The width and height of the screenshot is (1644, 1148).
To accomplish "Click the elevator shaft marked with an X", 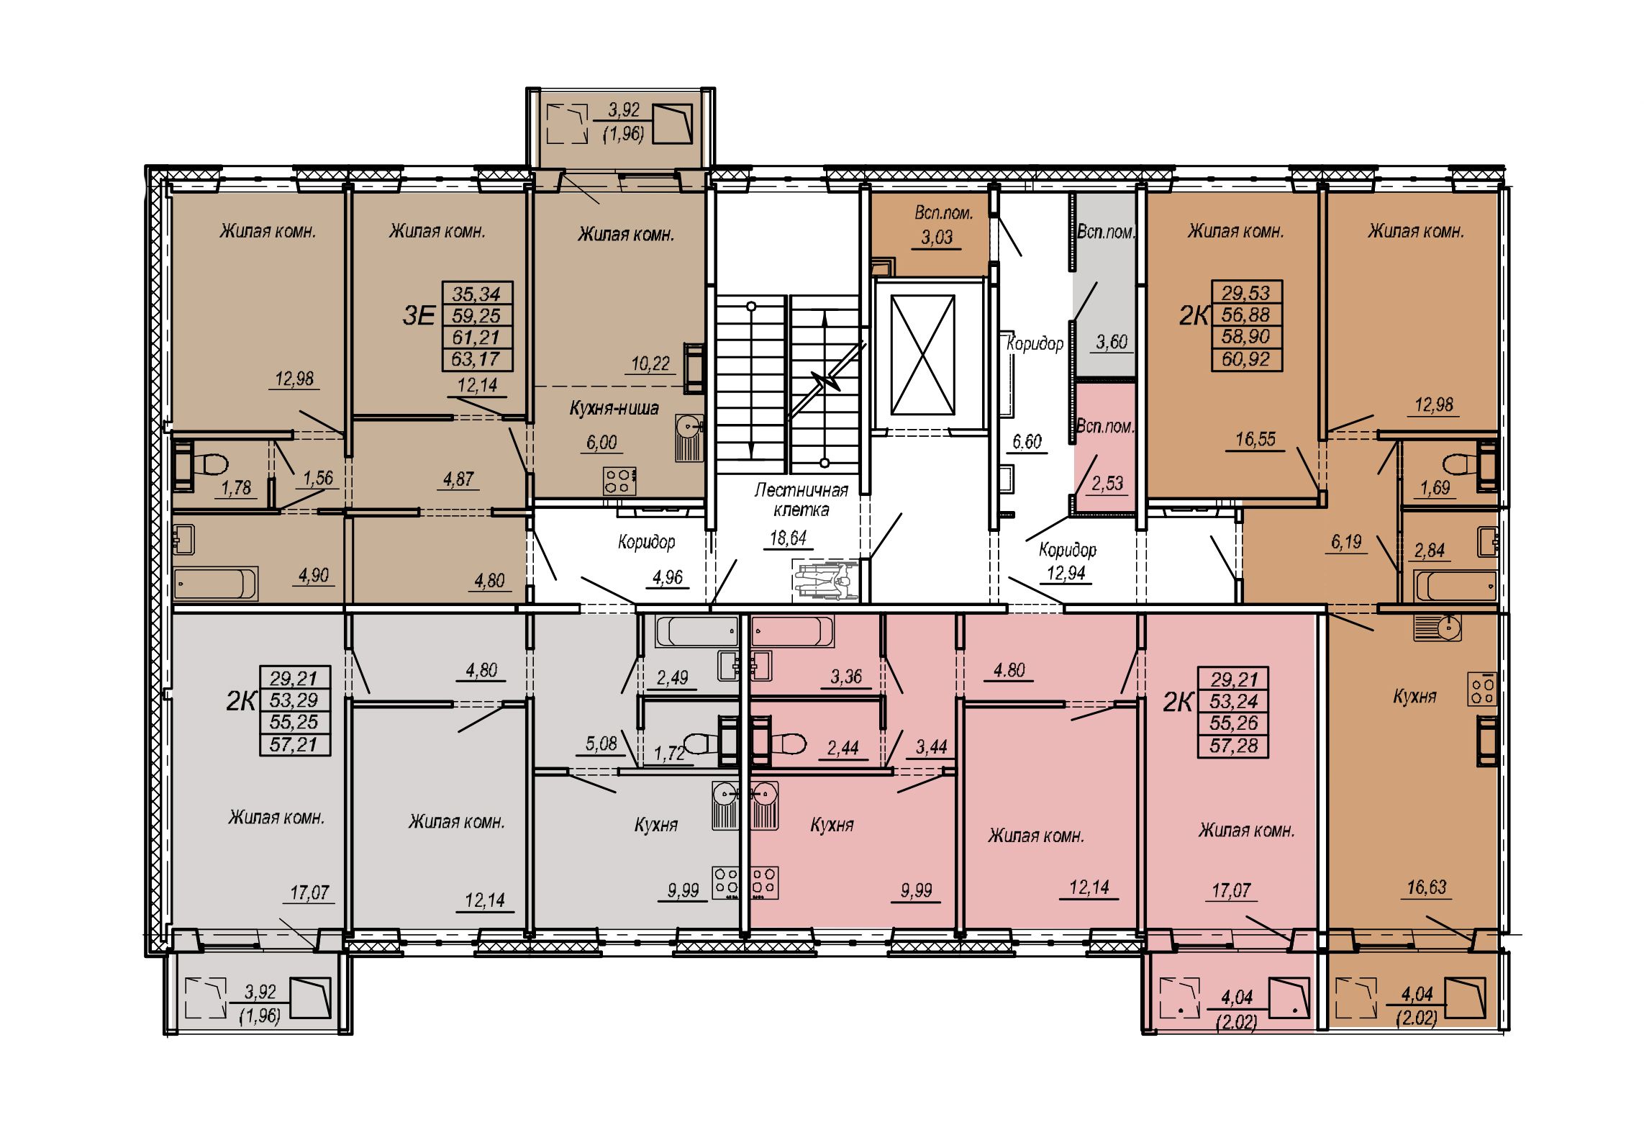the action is pyautogui.click(x=922, y=356).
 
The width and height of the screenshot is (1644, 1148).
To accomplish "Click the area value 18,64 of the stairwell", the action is pyautogui.click(x=789, y=538).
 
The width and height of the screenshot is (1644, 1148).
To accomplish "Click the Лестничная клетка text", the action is pyautogui.click(x=801, y=500).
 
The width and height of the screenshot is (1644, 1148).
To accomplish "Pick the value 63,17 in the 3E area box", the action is pyautogui.click(x=476, y=358).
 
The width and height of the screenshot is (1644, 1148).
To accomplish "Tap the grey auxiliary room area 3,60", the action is pyautogui.click(x=1111, y=341).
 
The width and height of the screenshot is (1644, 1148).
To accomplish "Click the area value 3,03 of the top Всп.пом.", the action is pyautogui.click(x=937, y=238).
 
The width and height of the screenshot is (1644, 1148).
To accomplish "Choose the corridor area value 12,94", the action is pyautogui.click(x=1067, y=573).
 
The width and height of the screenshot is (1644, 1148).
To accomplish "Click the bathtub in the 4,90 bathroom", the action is pyautogui.click(x=216, y=584).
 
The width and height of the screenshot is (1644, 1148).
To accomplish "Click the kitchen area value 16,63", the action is pyautogui.click(x=1426, y=887).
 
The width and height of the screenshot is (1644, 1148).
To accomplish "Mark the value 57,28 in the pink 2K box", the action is pyautogui.click(x=1233, y=745).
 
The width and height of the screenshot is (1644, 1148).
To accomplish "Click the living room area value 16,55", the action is pyautogui.click(x=1255, y=439).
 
